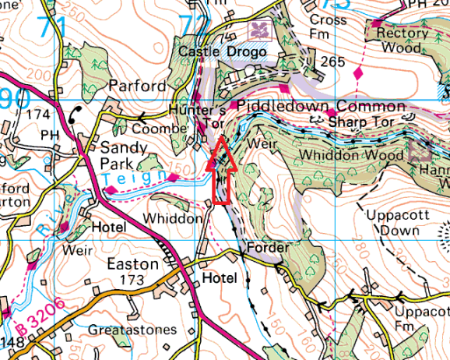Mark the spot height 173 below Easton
[x=132, y=279]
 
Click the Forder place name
[x=268, y=248]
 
